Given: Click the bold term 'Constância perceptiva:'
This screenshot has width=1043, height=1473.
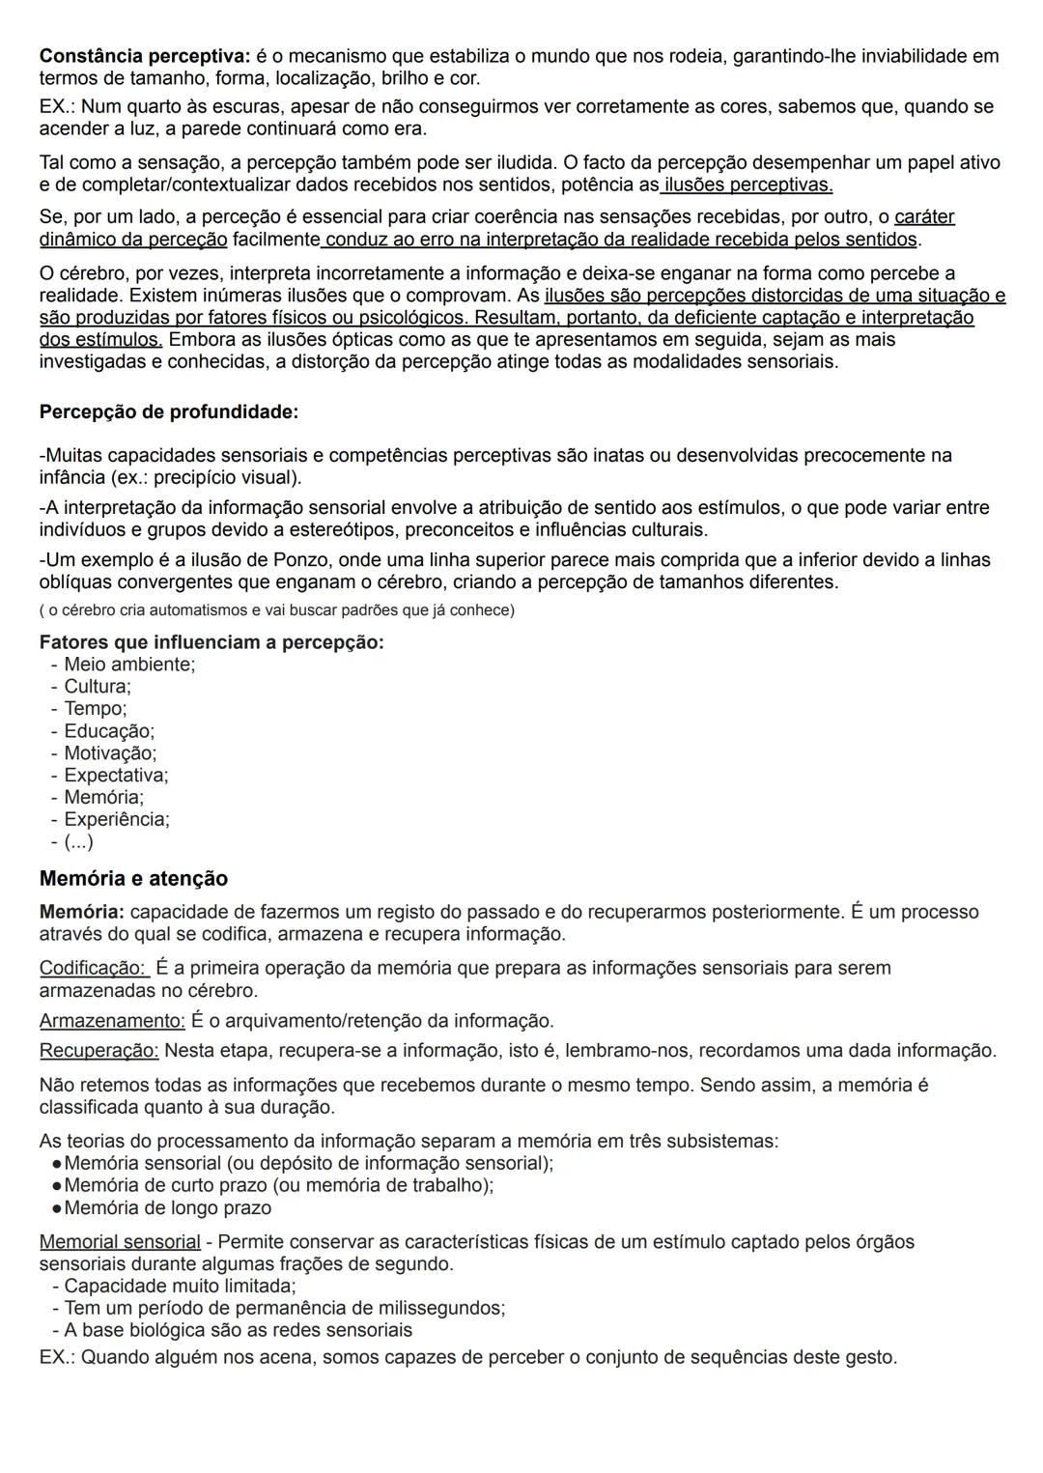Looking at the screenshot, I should [145, 56].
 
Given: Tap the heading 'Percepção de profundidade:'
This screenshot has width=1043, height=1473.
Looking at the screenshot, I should [169, 412].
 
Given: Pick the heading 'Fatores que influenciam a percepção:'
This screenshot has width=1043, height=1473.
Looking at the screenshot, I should [211, 642].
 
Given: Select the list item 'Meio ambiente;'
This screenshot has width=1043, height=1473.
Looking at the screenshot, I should [129, 665].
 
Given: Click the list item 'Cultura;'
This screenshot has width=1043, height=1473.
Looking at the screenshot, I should [98, 687].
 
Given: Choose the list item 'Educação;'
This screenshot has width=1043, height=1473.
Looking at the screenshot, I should [109, 731].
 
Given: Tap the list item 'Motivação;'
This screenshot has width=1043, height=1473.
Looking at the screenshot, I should [110, 753].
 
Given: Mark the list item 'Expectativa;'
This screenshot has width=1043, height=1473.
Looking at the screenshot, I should [116, 776].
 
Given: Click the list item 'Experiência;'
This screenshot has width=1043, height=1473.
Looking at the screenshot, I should [117, 820].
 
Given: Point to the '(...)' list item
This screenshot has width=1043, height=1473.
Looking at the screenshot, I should [79, 842].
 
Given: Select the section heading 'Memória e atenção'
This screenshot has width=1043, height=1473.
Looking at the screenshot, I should [133, 879].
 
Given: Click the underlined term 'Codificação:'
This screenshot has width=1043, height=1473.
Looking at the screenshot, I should [94, 968].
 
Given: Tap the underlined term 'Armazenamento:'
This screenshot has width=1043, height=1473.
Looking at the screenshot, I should [112, 1021].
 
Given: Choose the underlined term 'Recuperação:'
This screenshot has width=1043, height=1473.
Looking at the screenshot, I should [99, 1051].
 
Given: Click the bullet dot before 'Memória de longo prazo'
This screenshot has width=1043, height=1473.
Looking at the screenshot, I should [57, 1208].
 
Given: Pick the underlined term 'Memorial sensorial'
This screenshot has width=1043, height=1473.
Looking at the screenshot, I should [120, 1242].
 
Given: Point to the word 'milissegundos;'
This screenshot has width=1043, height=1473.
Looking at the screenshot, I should [441, 1309].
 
